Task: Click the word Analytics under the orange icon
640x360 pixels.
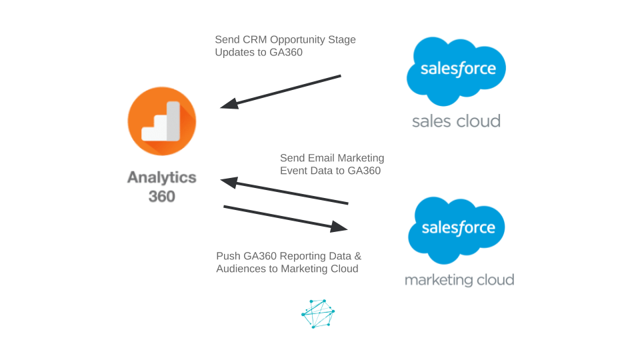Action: pos(162,177)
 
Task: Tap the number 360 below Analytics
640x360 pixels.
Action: pos(161,196)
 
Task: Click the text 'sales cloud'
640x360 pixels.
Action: pos(456,121)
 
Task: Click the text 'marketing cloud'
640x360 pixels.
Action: pos(459,279)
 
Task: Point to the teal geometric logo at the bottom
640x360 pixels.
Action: pos(318,313)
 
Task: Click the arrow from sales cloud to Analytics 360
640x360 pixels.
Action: pos(281,91)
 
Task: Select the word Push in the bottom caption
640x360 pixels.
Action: pos(227,256)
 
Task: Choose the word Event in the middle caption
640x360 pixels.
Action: pos(294,171)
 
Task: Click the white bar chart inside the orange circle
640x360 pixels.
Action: pos(162,121)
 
